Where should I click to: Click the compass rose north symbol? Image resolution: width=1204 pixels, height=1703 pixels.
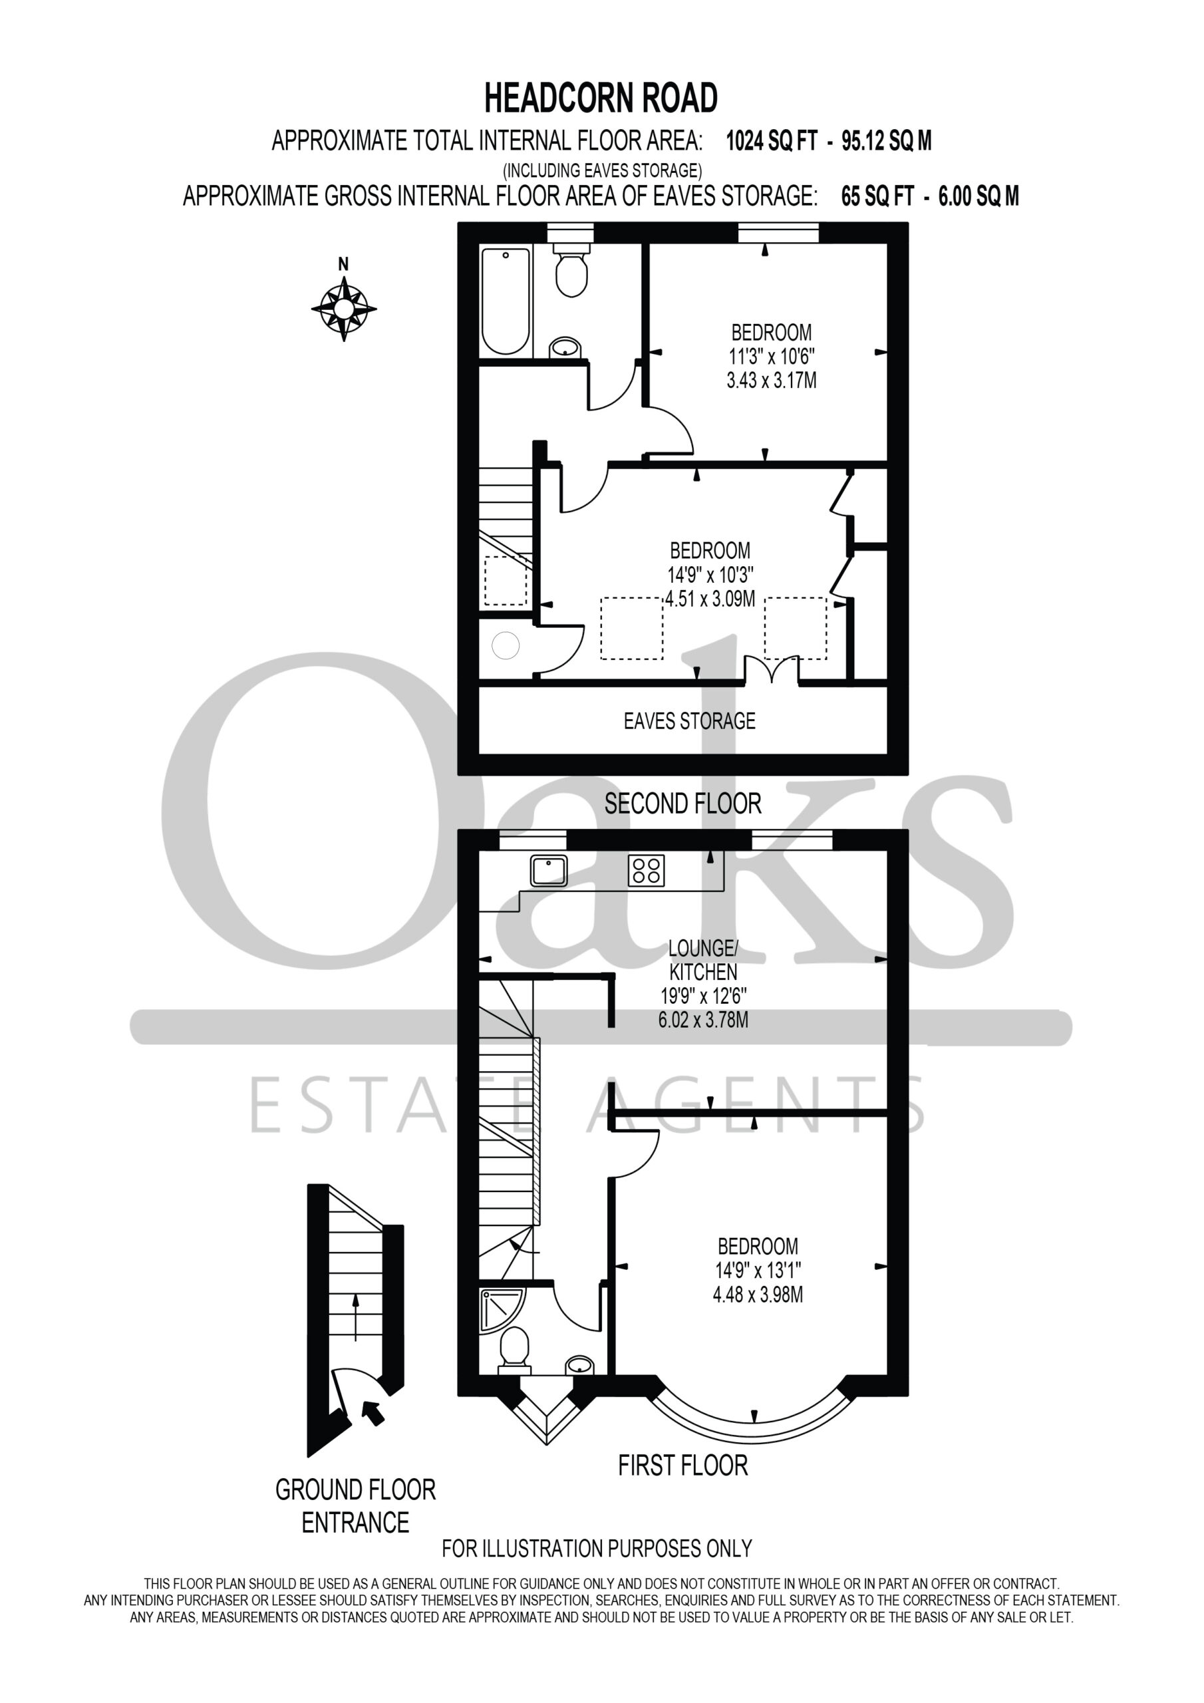tap(343, 307)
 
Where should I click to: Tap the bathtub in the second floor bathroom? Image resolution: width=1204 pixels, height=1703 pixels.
tap(507, 301)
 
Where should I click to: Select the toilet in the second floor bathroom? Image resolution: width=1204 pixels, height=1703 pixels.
tap(571, 270)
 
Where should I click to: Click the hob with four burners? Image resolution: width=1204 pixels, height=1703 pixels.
tap(646, 871)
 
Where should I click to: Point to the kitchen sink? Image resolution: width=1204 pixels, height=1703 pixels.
tap(549, 870)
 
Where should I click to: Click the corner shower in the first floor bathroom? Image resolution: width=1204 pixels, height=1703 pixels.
tap(503, 1311)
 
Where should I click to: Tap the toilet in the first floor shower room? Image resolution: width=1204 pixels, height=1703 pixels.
tap(515, 1349)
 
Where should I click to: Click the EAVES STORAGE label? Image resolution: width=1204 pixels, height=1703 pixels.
tap(689, 721)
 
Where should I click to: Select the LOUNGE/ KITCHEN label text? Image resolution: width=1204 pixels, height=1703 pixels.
tap(703, 960)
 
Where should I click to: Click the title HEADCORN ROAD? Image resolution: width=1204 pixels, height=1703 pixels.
tap(601, 98)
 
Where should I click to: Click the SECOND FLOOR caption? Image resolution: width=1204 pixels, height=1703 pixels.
tap(682, 804)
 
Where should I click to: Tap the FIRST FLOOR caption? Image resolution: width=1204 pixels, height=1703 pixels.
tap(683, 1466)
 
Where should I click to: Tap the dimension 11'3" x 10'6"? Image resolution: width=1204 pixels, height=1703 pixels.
tap(772, 356)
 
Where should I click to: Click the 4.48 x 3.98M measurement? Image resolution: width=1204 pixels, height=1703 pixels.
tap(758, 1295)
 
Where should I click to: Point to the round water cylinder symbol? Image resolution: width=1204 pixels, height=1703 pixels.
tap(505, 645)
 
